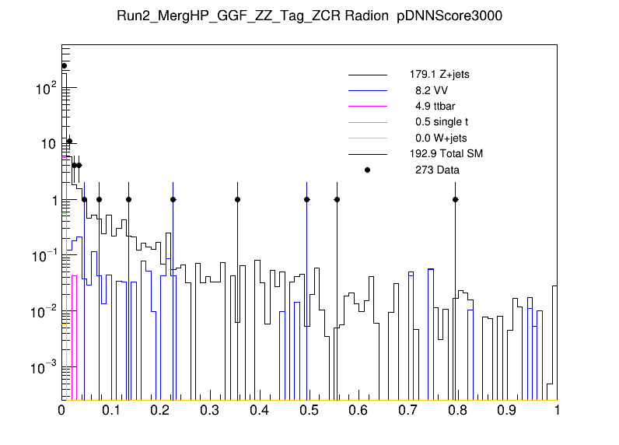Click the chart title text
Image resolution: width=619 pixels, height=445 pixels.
309,17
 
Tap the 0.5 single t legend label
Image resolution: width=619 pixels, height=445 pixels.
441,122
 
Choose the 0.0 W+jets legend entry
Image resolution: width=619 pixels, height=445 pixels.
440,138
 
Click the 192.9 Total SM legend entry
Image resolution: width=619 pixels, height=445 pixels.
446,153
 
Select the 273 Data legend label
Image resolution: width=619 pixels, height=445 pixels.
436,170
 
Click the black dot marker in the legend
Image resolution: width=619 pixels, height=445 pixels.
367,170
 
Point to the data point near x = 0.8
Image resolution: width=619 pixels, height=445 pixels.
456,199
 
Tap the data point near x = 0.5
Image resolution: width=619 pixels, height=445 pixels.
307,199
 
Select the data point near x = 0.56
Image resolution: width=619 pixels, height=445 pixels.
337,199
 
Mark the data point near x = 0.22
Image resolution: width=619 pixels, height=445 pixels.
173,199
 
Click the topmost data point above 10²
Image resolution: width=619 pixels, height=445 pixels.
65,65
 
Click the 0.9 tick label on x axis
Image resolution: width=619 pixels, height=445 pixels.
507,410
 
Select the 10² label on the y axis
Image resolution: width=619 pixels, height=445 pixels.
43,89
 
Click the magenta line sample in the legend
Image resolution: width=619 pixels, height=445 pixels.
367,106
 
